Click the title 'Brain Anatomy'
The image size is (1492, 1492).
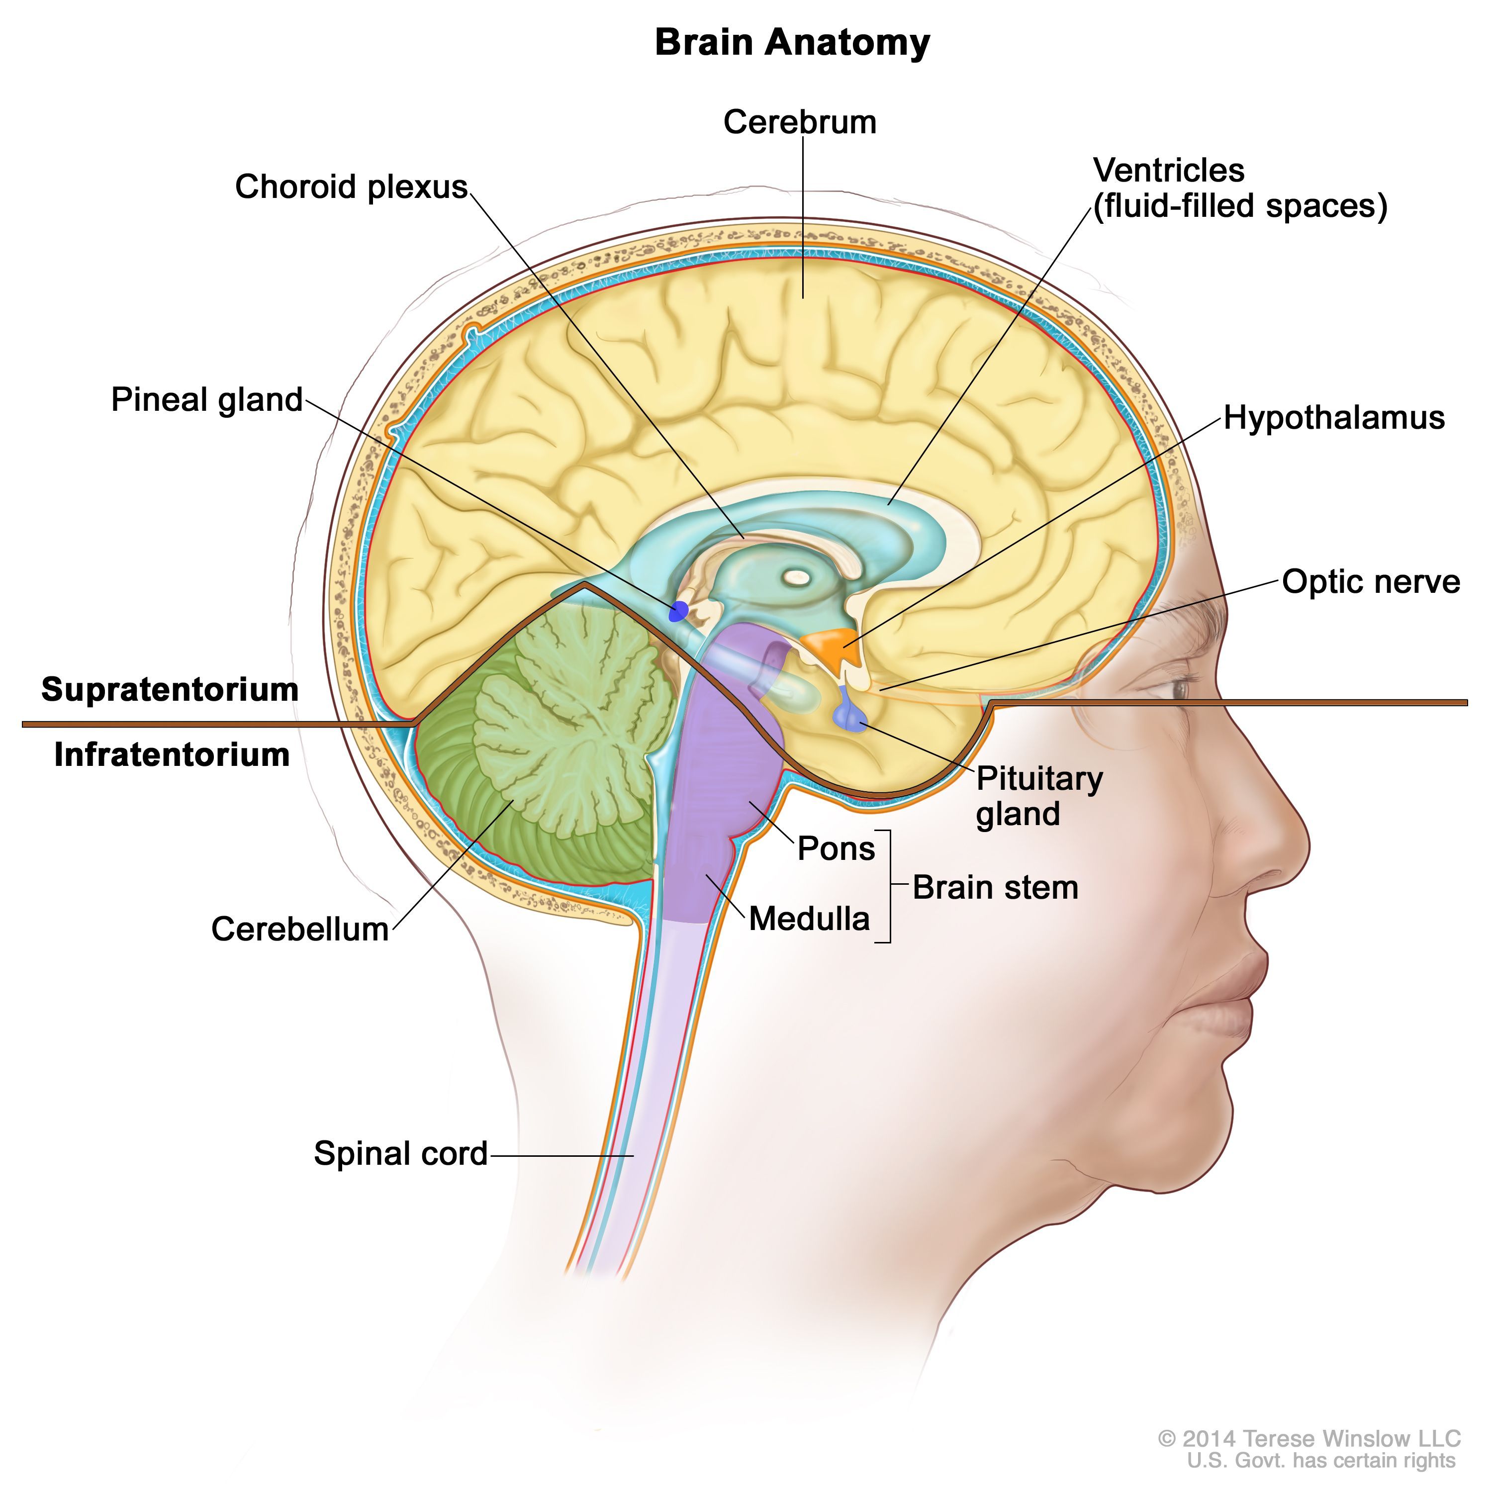point(792,42)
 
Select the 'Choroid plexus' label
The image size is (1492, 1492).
point(352,187)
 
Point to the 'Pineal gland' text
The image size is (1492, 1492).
point(207,400)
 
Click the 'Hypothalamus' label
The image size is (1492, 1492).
point(1334,418)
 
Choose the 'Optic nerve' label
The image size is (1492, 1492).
point(1371,581)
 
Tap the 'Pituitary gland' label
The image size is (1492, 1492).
point(1039,796)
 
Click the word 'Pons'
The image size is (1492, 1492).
point(836,848)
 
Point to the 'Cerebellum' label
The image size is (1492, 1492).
point(299,929)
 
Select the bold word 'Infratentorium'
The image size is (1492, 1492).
point(172,754)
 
